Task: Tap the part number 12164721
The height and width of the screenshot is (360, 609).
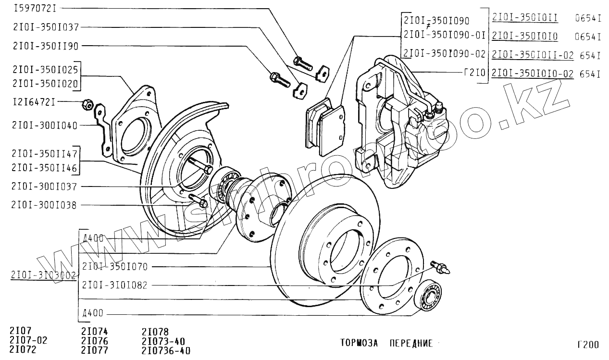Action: point(33,102)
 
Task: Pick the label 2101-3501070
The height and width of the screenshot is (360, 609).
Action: point(115,266)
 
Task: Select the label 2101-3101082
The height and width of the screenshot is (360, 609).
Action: point(115,285)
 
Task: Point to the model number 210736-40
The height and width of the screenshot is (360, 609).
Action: point(166,350)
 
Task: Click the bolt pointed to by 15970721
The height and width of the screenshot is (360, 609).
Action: point(302,62)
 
